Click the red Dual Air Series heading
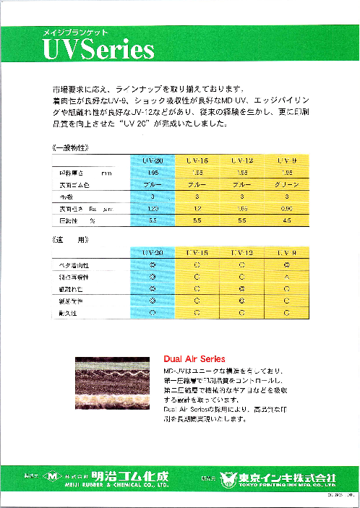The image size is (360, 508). pyautogui.click(x=194, y=358)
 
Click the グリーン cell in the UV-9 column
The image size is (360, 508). pyautogui.click(x=287, y=185)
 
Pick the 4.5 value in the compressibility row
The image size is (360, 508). pyautogui.click(x=287, y=219)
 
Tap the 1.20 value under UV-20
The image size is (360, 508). pyautogui.click(x=152, y=207)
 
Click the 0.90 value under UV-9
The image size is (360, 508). pyautogui.click(x=287, y=207)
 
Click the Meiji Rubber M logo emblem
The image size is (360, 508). pyautogui.click(x=52, y=476)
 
